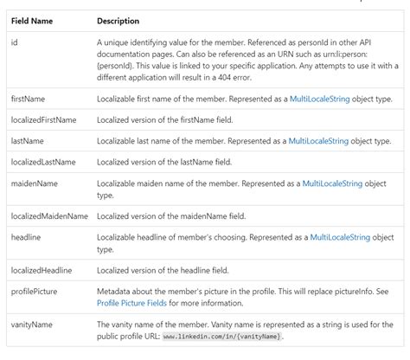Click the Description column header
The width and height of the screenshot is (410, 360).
click(x=119, y=20)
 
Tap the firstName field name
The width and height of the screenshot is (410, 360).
click(x=29, y=100)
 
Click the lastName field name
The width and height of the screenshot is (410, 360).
click(x=28, y=140)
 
